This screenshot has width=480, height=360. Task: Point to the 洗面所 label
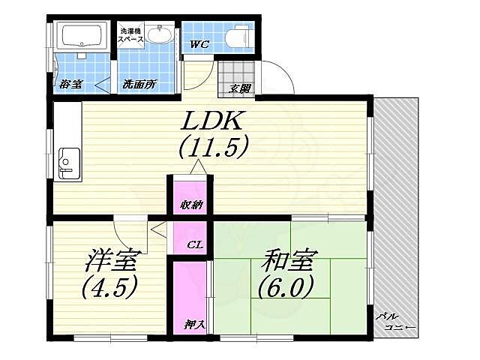tap(139, 84)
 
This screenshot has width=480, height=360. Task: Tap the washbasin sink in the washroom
tap(158, 34)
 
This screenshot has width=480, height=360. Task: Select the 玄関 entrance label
tap(241, 89)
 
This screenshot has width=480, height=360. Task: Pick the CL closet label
tap(192, 243)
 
